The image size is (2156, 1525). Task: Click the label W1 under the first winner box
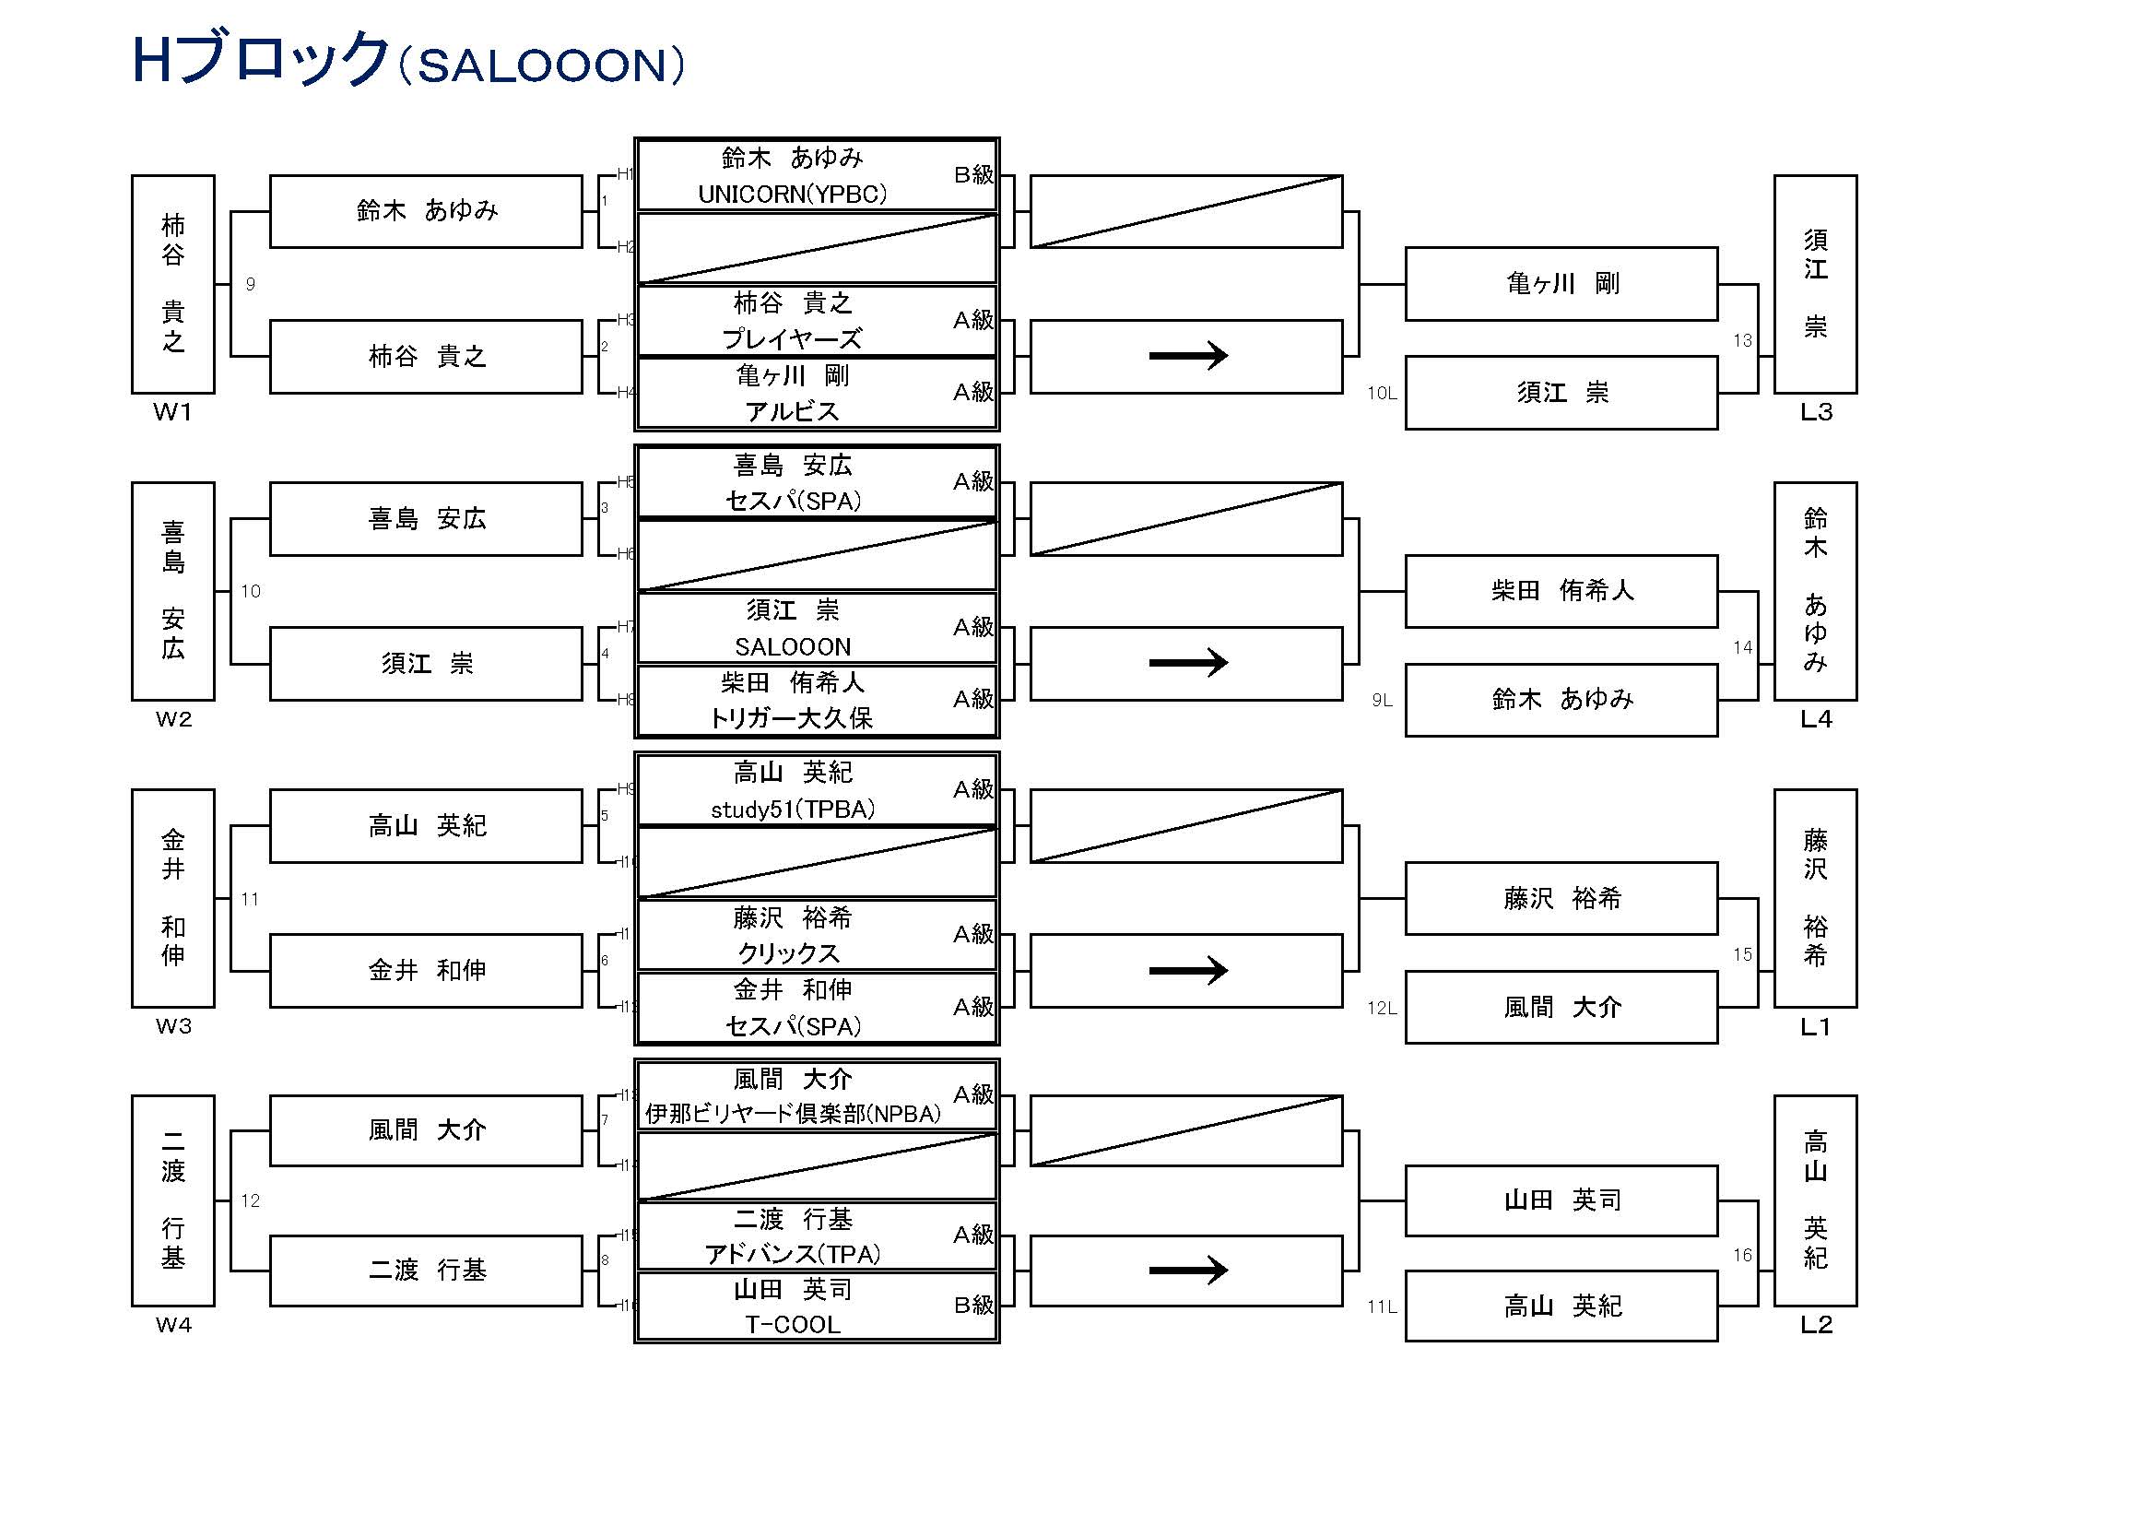[172, 412]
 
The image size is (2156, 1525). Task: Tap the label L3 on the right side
[1816, 412]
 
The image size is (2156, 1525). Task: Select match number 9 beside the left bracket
[251, 284]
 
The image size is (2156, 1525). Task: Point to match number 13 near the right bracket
[1743, 340]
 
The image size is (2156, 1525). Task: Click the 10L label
[1382, 394]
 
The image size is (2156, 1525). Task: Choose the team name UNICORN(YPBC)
[793, 195]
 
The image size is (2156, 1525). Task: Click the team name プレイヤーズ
[793, 339]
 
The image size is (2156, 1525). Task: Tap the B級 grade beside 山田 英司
[973, 1305]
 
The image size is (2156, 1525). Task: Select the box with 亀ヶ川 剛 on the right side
[1561, 284]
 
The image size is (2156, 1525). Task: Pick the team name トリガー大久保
[793, 718]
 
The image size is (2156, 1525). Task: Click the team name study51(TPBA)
[793, 810]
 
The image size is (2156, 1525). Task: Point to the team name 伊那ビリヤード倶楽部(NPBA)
[793, 1114]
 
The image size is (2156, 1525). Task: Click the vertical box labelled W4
[172, 1200]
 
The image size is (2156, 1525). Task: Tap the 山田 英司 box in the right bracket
[1561, 1200]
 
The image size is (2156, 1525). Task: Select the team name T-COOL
[793, 1324]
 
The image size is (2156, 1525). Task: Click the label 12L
[1382, 1009]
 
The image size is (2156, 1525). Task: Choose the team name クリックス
[789, 953]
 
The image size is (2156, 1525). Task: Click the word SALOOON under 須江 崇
[793, 647]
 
